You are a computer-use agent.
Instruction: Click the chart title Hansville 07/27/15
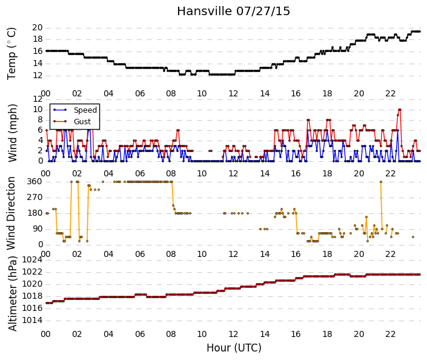coord(233,12)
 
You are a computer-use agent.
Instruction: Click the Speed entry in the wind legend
coord(85,110)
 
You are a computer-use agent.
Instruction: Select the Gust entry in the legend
coord(82,122)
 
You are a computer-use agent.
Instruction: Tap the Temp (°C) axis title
coord(12,54)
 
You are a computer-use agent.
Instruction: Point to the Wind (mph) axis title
coord(12,133)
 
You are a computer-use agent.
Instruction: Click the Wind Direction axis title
coord(11,213)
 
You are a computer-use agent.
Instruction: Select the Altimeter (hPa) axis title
coord(12,294)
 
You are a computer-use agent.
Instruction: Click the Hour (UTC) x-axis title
coord(234,348)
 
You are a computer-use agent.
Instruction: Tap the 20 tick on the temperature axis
coord(38,27)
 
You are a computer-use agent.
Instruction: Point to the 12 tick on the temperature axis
coord(38,76)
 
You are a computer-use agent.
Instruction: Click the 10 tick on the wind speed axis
coord(38,110)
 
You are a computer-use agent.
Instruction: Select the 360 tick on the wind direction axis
coord(35,181)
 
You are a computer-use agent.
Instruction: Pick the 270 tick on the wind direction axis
coord(35,198)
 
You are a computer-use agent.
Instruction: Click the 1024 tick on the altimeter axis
coord(32,260)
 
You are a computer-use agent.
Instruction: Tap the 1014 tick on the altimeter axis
coord(32,320)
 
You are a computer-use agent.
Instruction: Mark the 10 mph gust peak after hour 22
coord(400,110)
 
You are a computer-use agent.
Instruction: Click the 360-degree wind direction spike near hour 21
coord(381,182)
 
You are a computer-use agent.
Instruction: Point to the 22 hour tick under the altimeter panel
coord(390,334)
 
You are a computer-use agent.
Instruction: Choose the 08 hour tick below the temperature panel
coord(171,93)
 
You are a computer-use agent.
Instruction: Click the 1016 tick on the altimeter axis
coord(32,308)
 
